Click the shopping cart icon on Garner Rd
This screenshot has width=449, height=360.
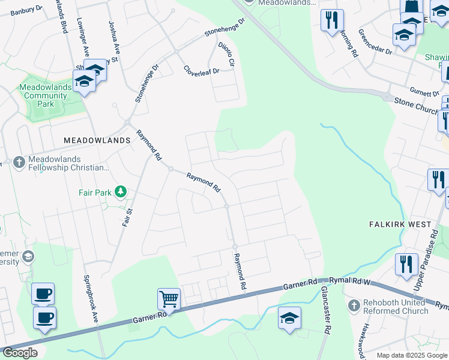(169, 298)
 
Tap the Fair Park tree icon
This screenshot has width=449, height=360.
(121, 191)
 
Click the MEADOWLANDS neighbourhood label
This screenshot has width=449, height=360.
(97, 140)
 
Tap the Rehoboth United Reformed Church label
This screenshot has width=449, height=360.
(396, 307)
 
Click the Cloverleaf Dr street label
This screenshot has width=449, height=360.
(202, 70)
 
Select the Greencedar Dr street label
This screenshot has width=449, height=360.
(375, 42)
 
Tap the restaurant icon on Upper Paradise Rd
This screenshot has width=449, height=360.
(406, 263)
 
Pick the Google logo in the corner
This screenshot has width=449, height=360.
(20, 353)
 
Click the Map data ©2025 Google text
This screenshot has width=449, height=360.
(411, 355)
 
